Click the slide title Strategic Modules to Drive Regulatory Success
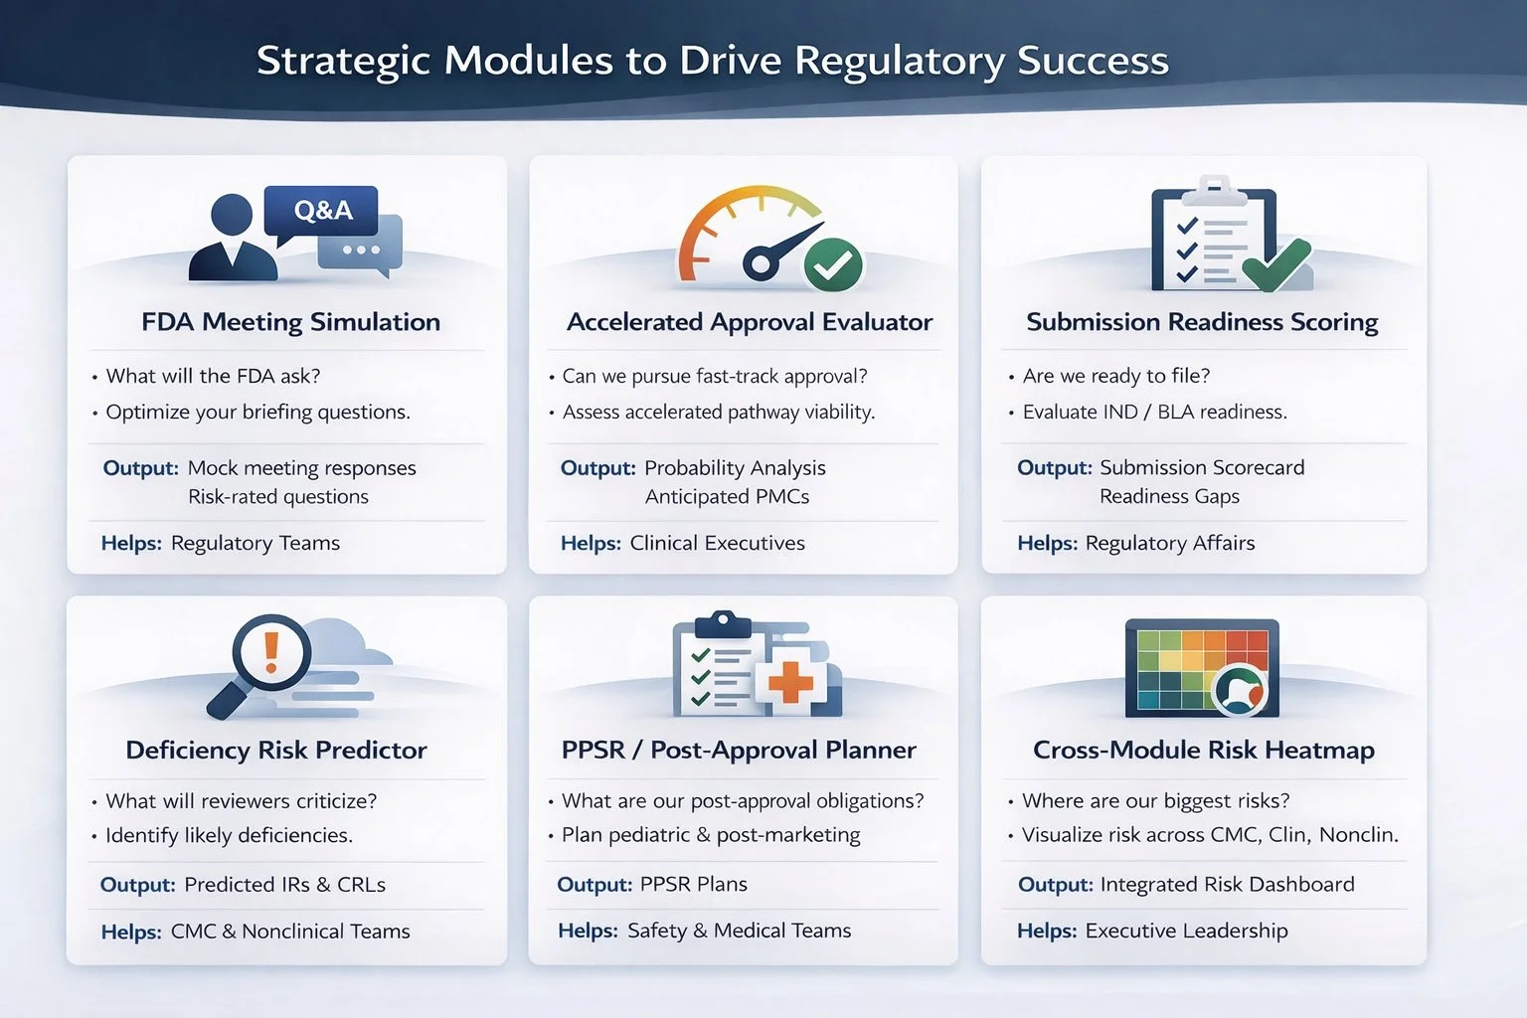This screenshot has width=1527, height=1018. pos(712,61)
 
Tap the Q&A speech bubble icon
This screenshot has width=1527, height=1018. pos(321,211)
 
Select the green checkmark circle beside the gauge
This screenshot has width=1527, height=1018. pos(833,264)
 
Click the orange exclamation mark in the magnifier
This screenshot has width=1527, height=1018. pos(270,651)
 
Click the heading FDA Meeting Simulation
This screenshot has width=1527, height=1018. pos(290,322)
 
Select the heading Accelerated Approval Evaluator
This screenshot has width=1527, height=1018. pos(750,322)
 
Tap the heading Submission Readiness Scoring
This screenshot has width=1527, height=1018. pos(1202,322)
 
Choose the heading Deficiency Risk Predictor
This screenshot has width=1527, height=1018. pos(276,750)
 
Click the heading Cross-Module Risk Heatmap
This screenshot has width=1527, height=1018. pos(1203,750)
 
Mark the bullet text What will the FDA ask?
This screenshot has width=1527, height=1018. pos(213,376)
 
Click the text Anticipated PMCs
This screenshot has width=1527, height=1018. pos(727,496)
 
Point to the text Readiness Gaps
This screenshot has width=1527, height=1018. pos(1169,496)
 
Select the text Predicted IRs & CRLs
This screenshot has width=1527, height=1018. pos(284,884)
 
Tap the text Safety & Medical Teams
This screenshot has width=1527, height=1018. pos(739,931)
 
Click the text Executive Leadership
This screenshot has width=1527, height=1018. pos(1186,931)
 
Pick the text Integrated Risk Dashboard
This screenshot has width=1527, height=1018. pos(1227,884)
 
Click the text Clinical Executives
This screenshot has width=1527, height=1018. pos(717,543)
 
